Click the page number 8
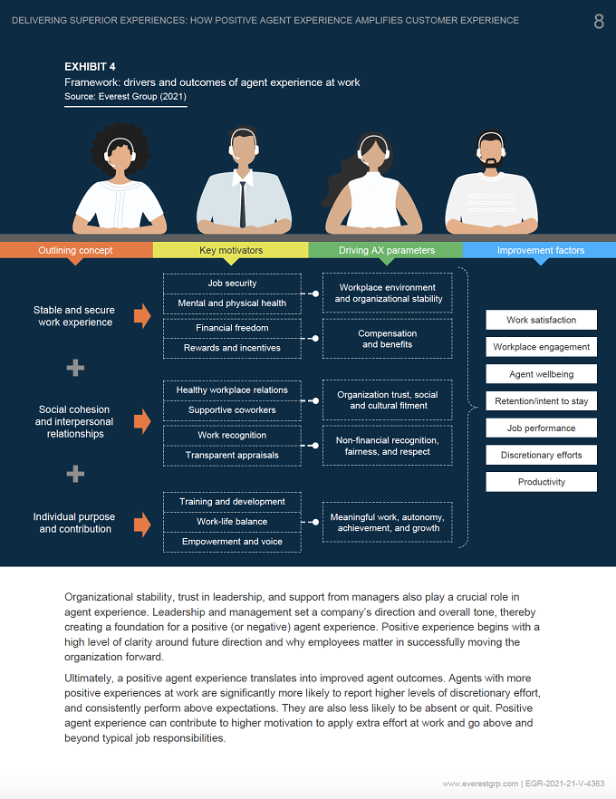[599, 22]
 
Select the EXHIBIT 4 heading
[90, 67]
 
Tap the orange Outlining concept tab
[75, 250]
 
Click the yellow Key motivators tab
[231, 250]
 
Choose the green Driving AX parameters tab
[386, 250]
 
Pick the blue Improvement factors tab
[540, 250]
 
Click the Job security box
[232, 284]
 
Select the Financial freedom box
[232, 328]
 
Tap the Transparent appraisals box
[232, 456]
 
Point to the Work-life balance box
[232, 522]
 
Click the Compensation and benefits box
[387, 339]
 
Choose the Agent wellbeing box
[541, 374]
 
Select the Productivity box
[541, 482]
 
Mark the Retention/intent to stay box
[541, 401]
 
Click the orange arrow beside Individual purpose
[142, 525]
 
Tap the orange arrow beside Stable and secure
[142, 316]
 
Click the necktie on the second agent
[243, 204]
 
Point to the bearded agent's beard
[491, 162]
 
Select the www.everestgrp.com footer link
[480, 784]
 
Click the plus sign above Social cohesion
[75, 368]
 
